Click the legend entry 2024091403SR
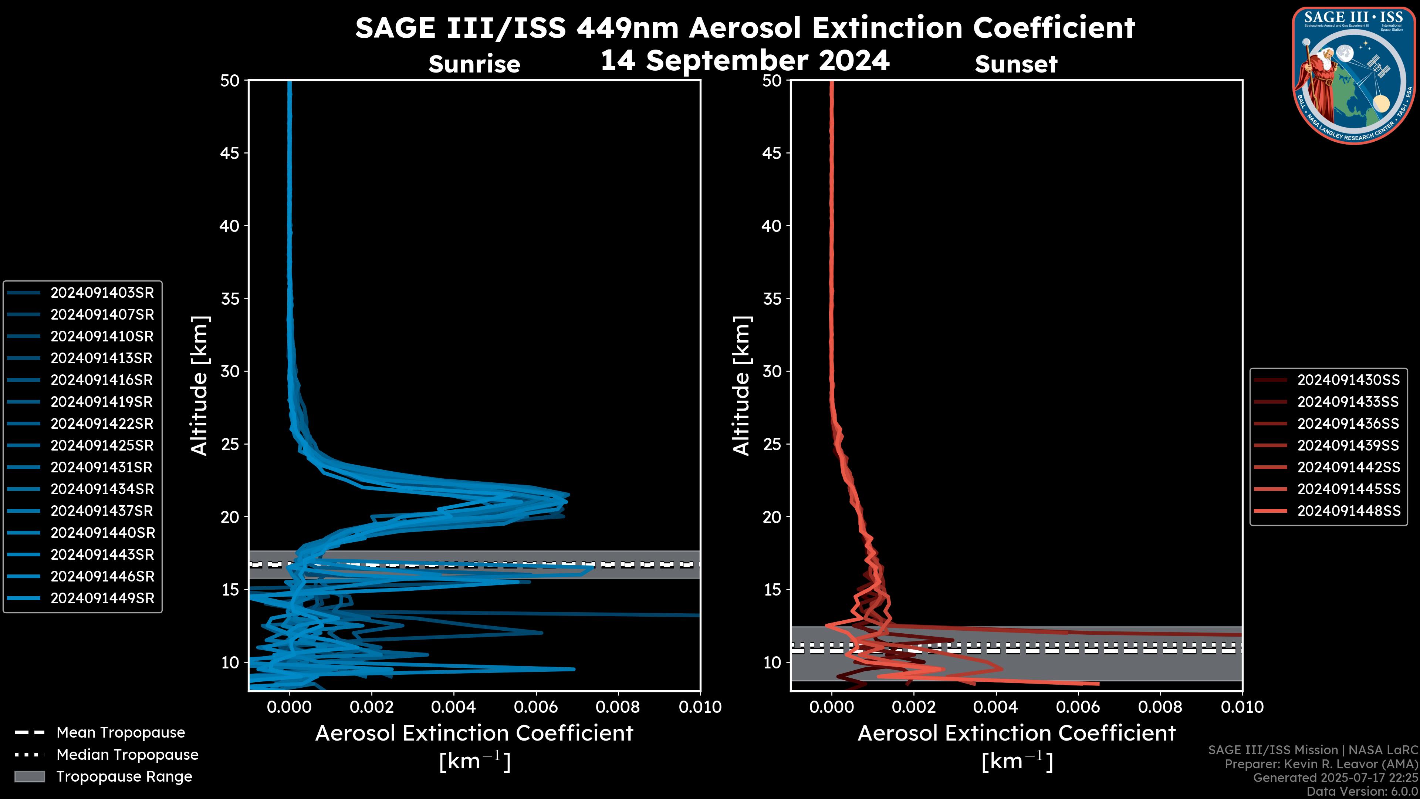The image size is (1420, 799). [x=102, y=293]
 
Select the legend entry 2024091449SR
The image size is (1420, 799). [x=102, y=598]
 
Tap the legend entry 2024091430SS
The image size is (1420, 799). [x=1348, y=380]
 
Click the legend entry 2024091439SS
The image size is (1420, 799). [x=1348, y=445]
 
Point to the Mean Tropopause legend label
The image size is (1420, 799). [x=121, y=733]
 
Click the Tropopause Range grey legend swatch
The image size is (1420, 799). [x=29, y=777]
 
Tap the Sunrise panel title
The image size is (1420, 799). [x=474, y=64]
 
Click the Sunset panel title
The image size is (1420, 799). [x=1016, y=64]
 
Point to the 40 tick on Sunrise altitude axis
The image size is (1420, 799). [x=230, y=226]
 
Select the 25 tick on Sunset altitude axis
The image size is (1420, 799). [x=772, y=444]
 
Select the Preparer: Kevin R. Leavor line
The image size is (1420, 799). [x=1321, y=764]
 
